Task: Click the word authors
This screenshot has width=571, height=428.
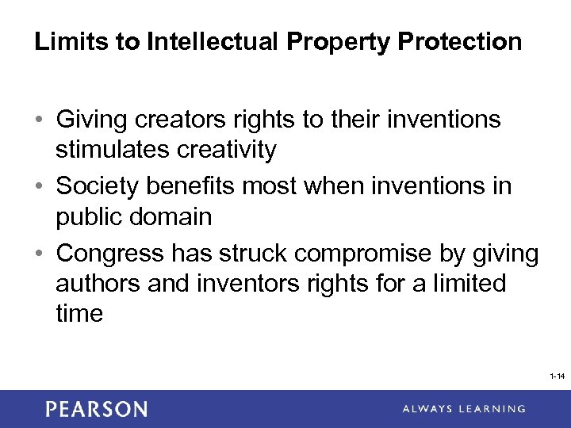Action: [x=98, y=283]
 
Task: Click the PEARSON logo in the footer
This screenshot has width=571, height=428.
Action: [x=96, y=409]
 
